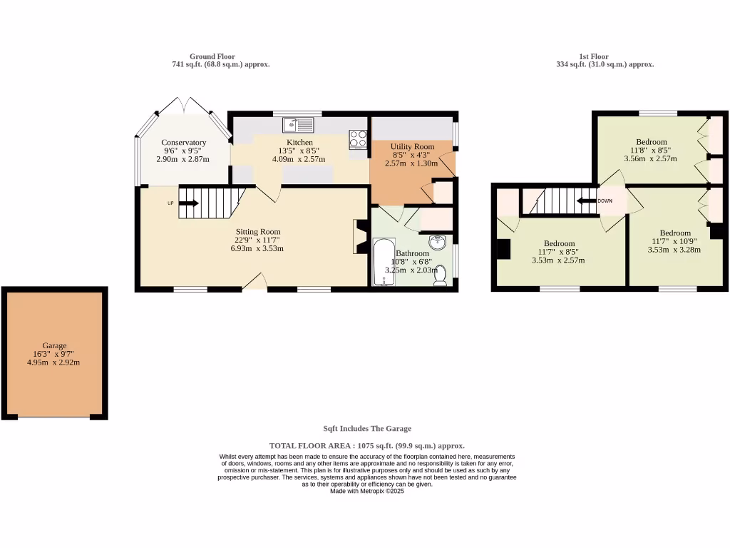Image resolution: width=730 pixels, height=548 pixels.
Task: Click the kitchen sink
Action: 298,125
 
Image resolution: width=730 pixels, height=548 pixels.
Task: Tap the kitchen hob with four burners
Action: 358,139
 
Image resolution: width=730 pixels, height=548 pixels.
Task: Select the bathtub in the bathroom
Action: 384,262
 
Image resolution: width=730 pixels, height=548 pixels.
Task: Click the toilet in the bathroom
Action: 441,275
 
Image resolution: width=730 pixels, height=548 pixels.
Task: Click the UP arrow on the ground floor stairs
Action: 189,203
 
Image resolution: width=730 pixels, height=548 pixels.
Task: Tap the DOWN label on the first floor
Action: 605,201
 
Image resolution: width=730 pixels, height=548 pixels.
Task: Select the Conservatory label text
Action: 183,142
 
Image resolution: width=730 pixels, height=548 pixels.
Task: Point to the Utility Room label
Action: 412,146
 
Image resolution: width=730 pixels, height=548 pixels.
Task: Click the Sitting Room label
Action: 258,231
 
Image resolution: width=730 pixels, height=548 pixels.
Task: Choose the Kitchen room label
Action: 299,142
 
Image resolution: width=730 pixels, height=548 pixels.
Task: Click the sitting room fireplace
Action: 359,237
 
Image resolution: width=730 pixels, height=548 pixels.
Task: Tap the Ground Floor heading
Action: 212,56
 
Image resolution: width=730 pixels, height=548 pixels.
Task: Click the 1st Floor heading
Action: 593,56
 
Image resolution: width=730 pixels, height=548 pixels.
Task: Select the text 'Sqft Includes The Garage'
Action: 367,429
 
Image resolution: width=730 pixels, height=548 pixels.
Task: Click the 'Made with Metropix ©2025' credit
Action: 367,491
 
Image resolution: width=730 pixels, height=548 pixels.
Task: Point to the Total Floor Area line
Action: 367,445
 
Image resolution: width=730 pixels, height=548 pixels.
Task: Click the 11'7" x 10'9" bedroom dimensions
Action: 674,241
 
